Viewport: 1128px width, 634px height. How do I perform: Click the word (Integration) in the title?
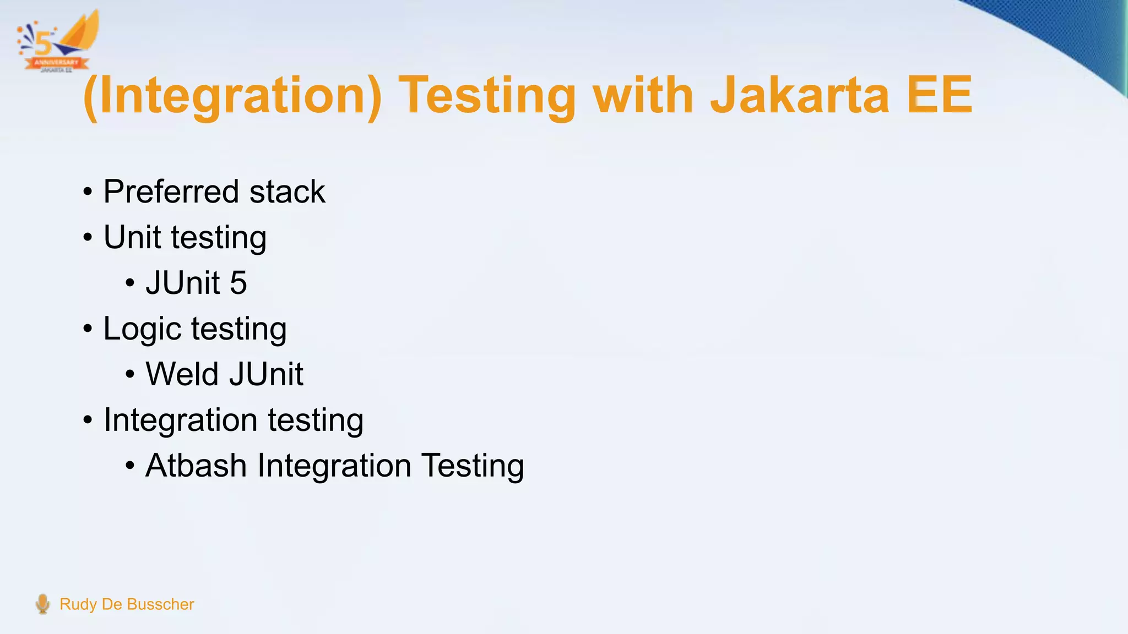[232, 96]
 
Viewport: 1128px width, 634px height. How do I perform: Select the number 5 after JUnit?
[238, 283]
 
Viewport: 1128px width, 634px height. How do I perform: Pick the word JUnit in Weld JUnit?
[266, 374]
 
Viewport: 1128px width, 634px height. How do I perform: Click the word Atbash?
[196, 466]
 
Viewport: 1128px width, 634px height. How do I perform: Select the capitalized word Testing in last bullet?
[472, 466]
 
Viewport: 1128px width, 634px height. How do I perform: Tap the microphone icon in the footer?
[42, 604]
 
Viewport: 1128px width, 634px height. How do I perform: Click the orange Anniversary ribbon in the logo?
[57, 63]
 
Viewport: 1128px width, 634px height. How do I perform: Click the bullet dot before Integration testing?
[88, 420]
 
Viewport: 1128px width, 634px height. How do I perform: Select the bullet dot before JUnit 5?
[130, 283]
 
